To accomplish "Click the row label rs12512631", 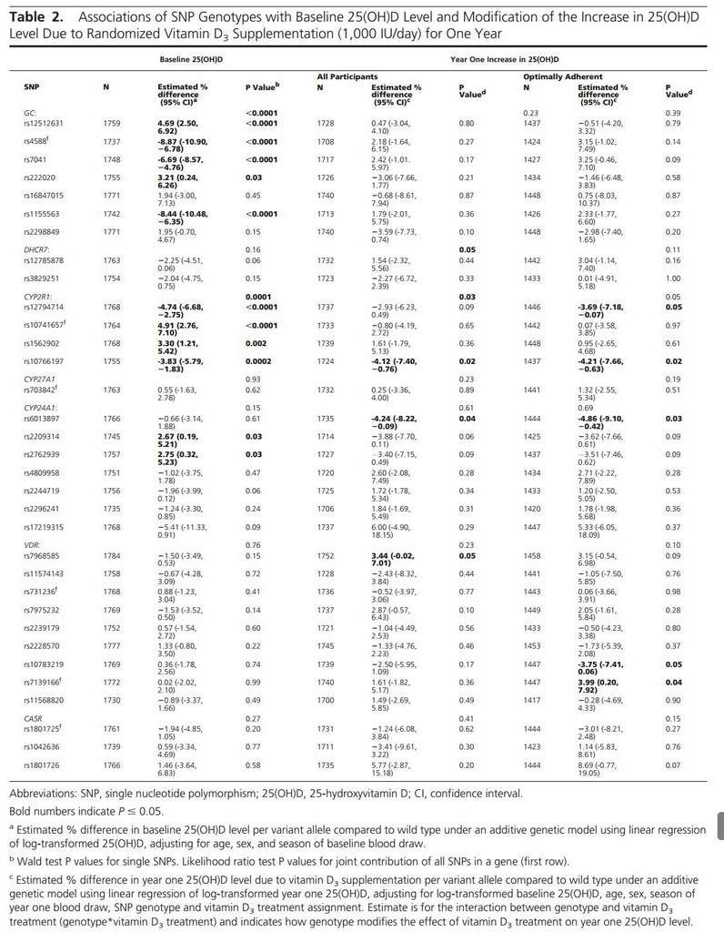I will pyautogui.click(x=43, y=122).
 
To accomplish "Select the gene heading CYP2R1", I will pyautogui.click(x=38, y=296).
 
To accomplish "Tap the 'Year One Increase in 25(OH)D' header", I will pyautogui.click(x=506, y=57).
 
